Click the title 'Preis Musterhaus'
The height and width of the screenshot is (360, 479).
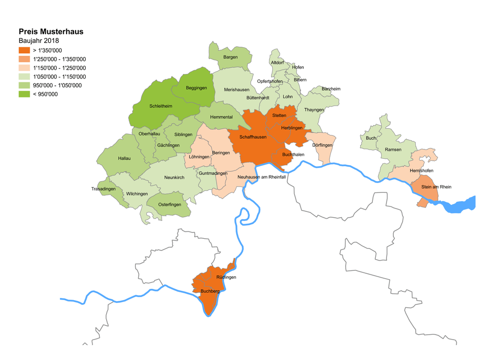(51, 32)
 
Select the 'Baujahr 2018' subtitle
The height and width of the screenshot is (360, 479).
(38, 40)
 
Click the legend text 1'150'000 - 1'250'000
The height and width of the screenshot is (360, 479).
(59, 68)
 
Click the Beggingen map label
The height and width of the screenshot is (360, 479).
(196, 88)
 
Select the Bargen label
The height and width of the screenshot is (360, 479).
(230, 57)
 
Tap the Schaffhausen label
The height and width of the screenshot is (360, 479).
(253, 137)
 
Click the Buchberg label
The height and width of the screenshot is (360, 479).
(210, 291)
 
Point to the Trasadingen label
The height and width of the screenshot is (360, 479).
(103, 189)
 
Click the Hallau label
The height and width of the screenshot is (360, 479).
(124, 158)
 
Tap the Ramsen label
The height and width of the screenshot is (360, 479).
(393, 150)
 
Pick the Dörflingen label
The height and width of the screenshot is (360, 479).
(322, 145)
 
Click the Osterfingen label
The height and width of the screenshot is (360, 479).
(169, 205)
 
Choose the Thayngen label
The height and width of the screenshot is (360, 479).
(313, 110)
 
